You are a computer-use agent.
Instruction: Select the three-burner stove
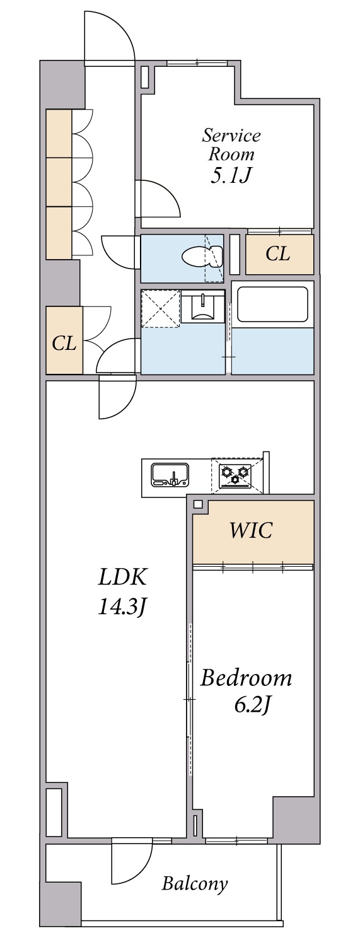click(235, 473)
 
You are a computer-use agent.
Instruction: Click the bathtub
click(272, 304)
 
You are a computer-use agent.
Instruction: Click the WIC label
click(251, 531)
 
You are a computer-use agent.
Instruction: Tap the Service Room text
click(231, 144)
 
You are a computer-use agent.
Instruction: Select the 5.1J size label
click(231, 175)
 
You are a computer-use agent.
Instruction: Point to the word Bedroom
click(246, 678)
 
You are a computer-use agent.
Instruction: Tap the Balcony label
click(194, 883)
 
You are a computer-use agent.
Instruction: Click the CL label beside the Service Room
click(278, 254)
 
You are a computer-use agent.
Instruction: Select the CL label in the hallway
click(64, 344)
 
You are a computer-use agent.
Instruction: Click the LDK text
click(122, 577)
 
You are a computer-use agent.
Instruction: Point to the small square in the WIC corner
click(198, 504)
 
